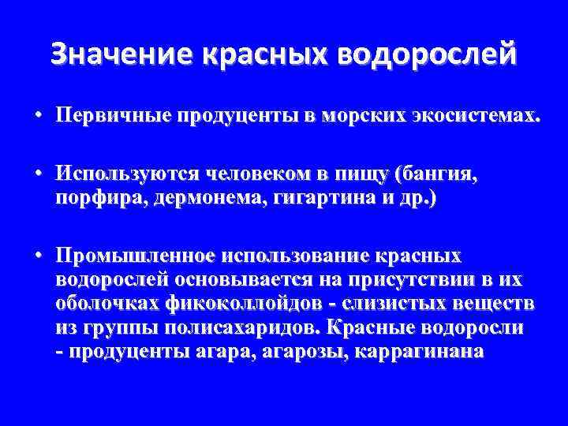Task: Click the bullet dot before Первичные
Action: (x=38, y=116)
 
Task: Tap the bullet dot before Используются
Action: (x=38, y=174)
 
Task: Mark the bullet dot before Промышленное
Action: (x=38, y=256)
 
